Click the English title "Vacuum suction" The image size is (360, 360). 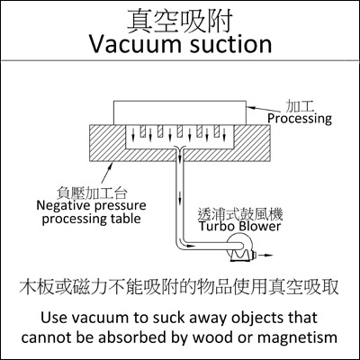pyautogui.click(x=181, y=44)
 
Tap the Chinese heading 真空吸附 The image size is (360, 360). pyautogui.click(x=180, y=21)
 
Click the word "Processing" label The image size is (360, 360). pyautogui.click(x=300, y=119)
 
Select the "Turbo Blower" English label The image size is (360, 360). pyautogui.click(x=240, y=226)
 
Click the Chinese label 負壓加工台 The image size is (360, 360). pyautogui.click(x=92, y=193)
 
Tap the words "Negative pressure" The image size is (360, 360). pyautogui.click(x=91, y=206)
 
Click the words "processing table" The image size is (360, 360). pyautogui.click(x=91, y=219)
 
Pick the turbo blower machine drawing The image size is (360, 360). pyautogui.click(x=240, y=249)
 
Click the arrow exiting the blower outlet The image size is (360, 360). pyautogui.click(x=265, y=256)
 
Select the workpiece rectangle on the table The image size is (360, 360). pyautogui.click(x=180, y=112)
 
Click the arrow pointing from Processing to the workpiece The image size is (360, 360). pyautogui.click(x=265, y=108)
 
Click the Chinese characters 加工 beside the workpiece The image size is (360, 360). pyautogui.click(x=299, y=107)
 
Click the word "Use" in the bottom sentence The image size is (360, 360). pyautogui.click(x=51, y=318)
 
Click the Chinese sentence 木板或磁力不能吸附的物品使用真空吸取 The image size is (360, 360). pyautogui.click(x=179, y=287)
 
